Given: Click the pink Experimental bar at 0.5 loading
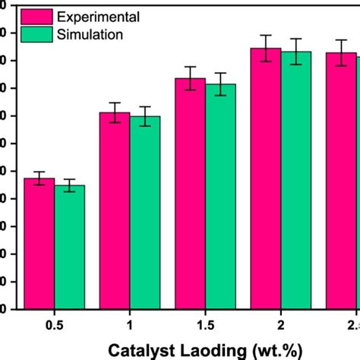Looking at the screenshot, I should click(39, 243).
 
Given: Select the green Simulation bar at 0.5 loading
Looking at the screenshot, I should click(69, 247).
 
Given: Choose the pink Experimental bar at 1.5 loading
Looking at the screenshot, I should click(190, 194).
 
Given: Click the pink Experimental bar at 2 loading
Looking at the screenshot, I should click(266, 178).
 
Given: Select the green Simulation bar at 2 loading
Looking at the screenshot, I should click(296, 180).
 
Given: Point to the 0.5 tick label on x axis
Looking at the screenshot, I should click(54, 325).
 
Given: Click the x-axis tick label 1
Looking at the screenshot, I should click(129, 325).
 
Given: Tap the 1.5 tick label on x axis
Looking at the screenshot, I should click(205, 325).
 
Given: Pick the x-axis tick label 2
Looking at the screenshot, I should click(281, 325).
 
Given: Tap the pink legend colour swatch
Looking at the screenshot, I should click(33, 16).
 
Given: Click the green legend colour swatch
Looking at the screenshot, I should click(33, 34).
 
